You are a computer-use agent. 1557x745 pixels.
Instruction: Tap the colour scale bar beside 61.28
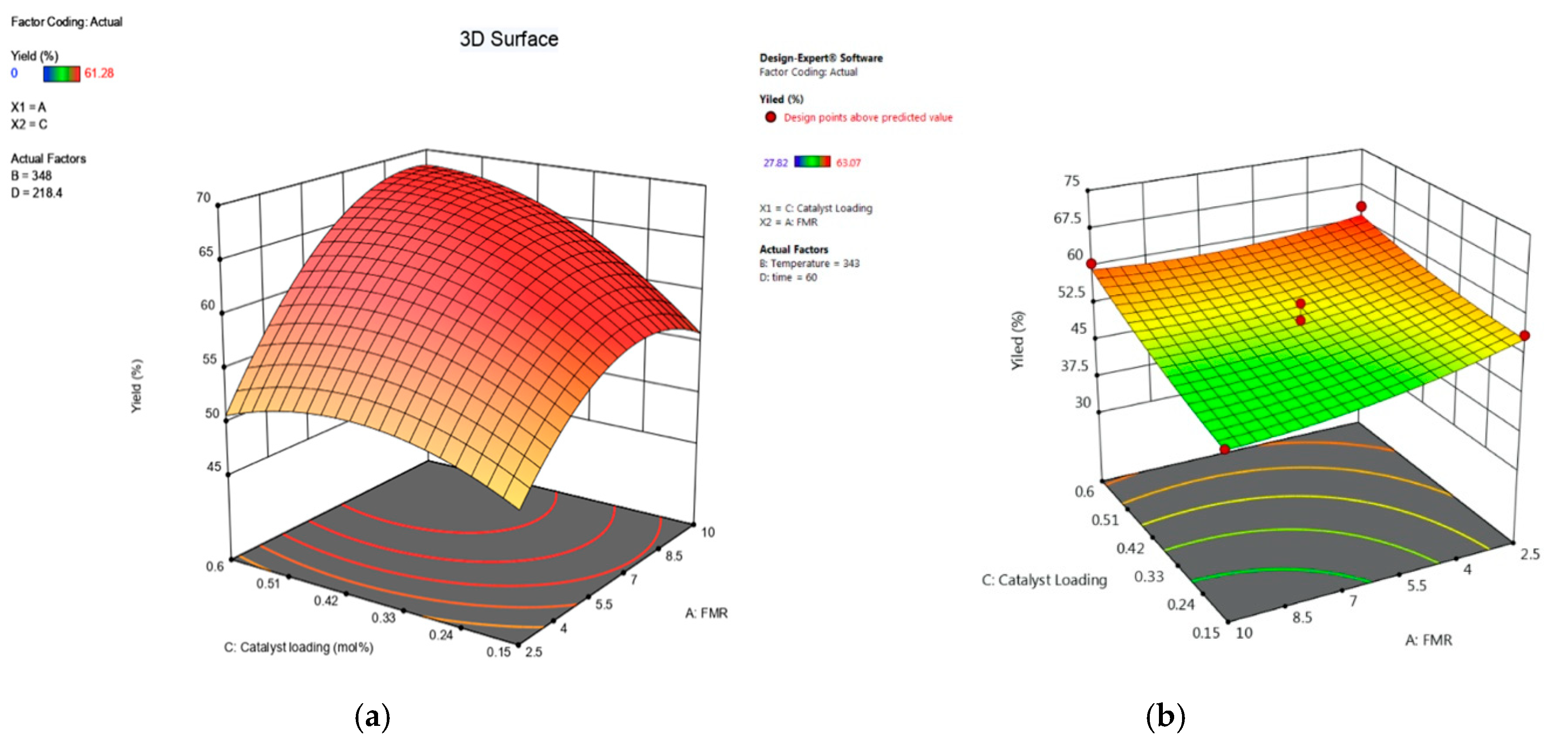pos(61,73)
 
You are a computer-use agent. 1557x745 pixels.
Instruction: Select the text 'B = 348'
pos(31,175)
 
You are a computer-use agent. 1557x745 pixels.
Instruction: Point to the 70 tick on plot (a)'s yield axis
pos(204,197)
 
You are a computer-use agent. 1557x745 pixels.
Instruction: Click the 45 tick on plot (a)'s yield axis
pos(213,467)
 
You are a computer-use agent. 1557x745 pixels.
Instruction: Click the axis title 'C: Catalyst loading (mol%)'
pos(298,647)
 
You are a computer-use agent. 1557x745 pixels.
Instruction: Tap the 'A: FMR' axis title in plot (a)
pos(706,613)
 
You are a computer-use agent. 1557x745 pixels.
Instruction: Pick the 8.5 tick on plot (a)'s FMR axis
pos(673,556)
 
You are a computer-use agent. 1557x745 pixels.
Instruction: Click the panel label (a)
pos(372,717)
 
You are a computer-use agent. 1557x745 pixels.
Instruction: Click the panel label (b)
pos(1165,717)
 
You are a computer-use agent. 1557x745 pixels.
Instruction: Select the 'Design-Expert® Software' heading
pos(821,58)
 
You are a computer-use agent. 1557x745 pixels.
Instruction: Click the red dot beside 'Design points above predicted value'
pos(770,117)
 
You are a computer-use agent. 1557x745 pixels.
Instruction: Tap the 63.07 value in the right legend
pos(848,163)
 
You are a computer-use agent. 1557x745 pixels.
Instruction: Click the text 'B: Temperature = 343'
pos(809,264)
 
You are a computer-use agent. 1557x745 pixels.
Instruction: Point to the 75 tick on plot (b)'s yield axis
pos(1071,180)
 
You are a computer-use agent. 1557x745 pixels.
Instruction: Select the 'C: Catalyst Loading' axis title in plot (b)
pos(1044,580)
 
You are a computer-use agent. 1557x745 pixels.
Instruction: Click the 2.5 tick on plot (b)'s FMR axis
pos(1530,554)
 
